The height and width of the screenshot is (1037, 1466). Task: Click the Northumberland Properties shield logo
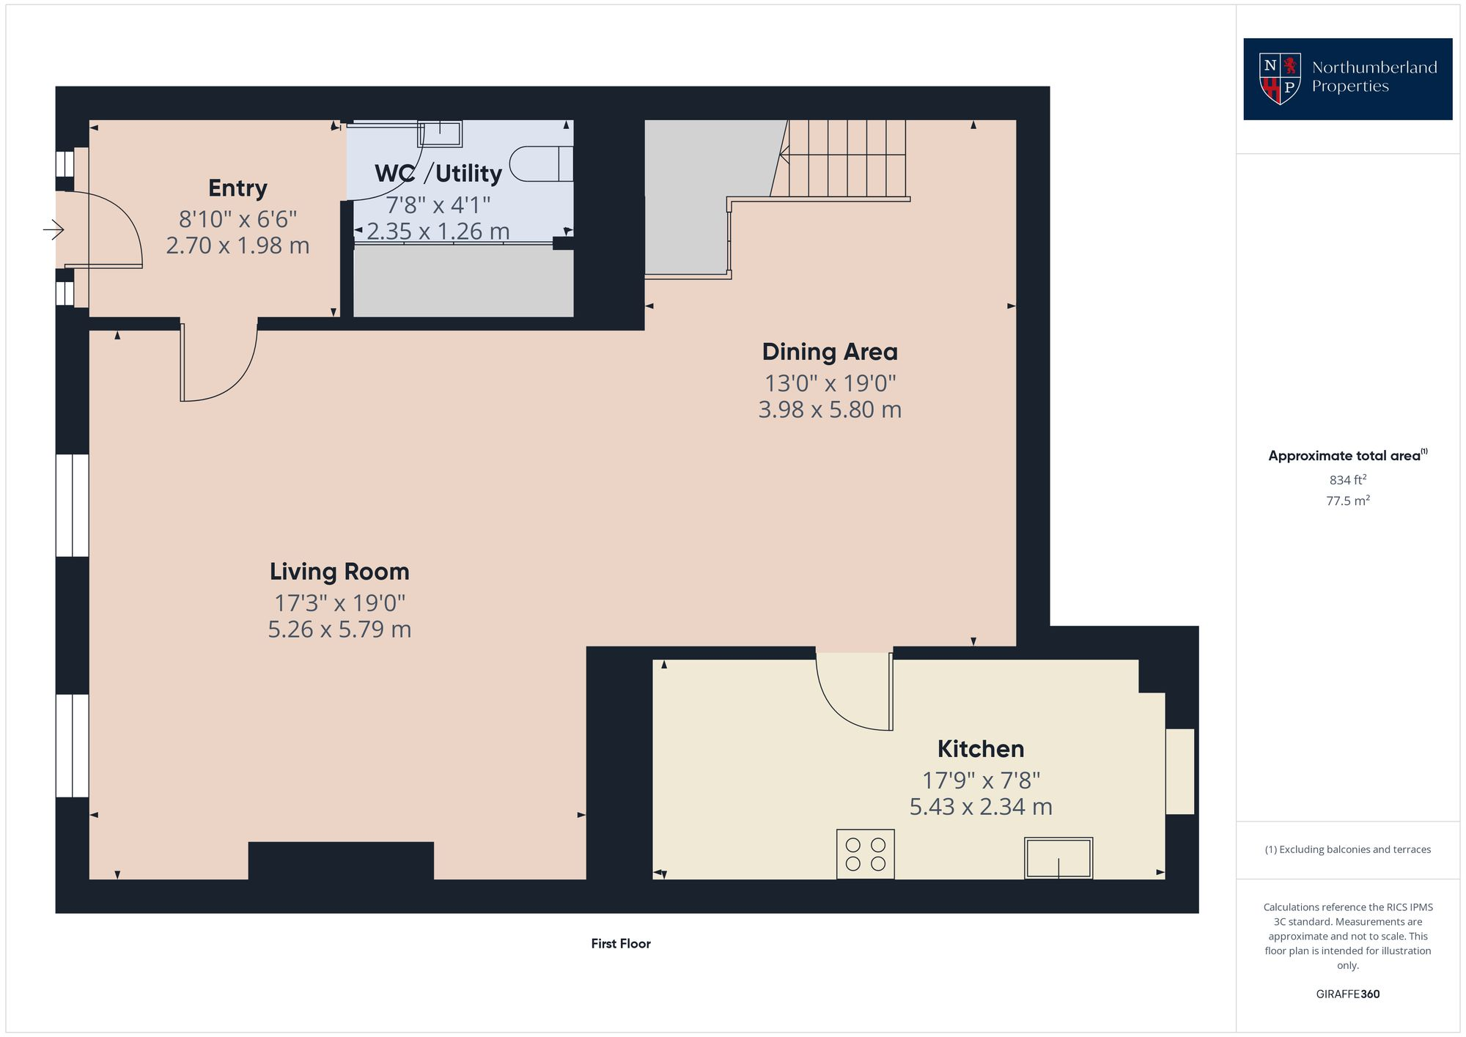[x=1279, y=78]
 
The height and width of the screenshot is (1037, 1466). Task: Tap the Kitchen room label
[x=981, y=749]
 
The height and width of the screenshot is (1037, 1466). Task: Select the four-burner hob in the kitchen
[x=865, y=854]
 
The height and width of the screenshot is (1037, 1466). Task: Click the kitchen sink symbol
[x=1058, y=858]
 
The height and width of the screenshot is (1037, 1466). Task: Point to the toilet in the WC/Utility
[x=541, y=163]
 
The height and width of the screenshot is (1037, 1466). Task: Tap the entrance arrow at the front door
[x=54, y=230]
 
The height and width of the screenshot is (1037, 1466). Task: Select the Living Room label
[x=339, y=572]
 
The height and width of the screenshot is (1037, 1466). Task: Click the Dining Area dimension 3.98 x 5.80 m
[x=830, y=410]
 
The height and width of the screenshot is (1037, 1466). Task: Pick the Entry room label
[x=237, y=188]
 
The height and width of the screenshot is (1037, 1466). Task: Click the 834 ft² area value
[x=1348, y=480]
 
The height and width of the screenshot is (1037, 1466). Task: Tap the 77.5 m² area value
[x=1348, y=501]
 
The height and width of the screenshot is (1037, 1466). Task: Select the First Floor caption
[x=621, y=944]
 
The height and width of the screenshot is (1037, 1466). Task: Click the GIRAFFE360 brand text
[x=1348, y=994]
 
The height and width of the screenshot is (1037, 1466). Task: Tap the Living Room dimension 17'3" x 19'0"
[x=339, y=603]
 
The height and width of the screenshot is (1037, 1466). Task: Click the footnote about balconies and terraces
[x=1348, y=850]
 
